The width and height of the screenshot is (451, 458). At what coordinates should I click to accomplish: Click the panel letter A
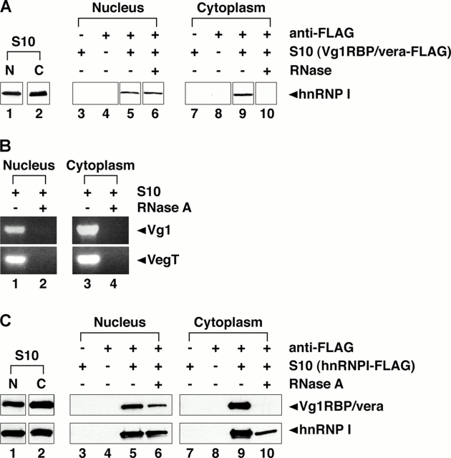(6, 7)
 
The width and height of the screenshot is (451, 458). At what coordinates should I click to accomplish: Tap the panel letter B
(5, 146)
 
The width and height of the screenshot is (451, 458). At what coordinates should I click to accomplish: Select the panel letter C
(6, 321)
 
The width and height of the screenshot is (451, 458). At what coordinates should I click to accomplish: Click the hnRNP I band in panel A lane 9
(243, 94)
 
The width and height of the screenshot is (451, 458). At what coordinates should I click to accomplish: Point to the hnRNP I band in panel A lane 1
(11, 94)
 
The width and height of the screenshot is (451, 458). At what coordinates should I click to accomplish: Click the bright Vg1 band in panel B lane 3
(87, 229)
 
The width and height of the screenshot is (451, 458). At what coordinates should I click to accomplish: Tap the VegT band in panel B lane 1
(15, 259)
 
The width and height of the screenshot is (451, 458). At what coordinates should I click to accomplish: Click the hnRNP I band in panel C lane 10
(266, 432)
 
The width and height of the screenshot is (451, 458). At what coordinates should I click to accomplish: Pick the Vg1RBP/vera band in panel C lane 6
(157, 406)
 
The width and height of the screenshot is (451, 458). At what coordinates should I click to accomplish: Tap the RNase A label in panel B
(165, 208)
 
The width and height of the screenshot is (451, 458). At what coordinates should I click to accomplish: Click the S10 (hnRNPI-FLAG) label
(352, 366)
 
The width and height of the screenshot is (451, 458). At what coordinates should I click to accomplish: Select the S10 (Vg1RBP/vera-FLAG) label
(370, 52)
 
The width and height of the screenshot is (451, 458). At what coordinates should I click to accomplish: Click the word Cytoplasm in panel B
(100, 165)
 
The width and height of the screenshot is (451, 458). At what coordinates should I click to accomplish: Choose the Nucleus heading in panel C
(120, 322)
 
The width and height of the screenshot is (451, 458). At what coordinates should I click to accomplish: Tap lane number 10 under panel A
(267, 114)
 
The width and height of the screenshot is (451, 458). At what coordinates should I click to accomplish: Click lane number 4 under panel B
(113, 283)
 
